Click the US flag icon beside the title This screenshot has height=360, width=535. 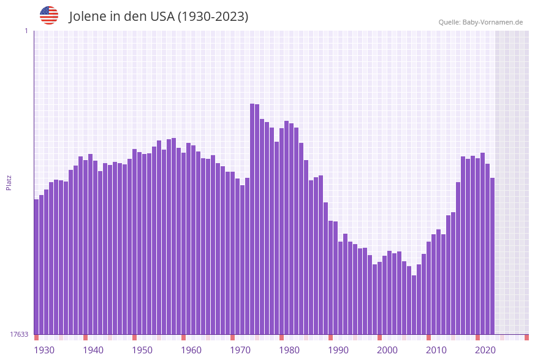point(49,15)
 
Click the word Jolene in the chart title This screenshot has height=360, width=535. point(88,17)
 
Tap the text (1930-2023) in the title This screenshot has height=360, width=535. point(213,17)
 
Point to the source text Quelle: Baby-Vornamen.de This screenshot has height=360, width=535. point(480,22)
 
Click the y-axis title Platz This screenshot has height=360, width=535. point(9,182)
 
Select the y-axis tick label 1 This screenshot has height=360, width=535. point(26,31)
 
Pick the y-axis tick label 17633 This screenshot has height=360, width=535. point(19,334)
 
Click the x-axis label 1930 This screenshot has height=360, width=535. point(44,350)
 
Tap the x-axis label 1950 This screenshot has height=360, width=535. point(142,350)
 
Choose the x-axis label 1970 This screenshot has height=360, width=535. point(240,350)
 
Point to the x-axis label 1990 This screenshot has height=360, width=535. point(338,350)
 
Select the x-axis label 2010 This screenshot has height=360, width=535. point(436,350)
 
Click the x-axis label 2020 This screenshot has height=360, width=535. point(485,350)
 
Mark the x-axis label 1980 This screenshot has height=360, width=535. point(289,350)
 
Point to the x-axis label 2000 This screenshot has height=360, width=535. point(387,350)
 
